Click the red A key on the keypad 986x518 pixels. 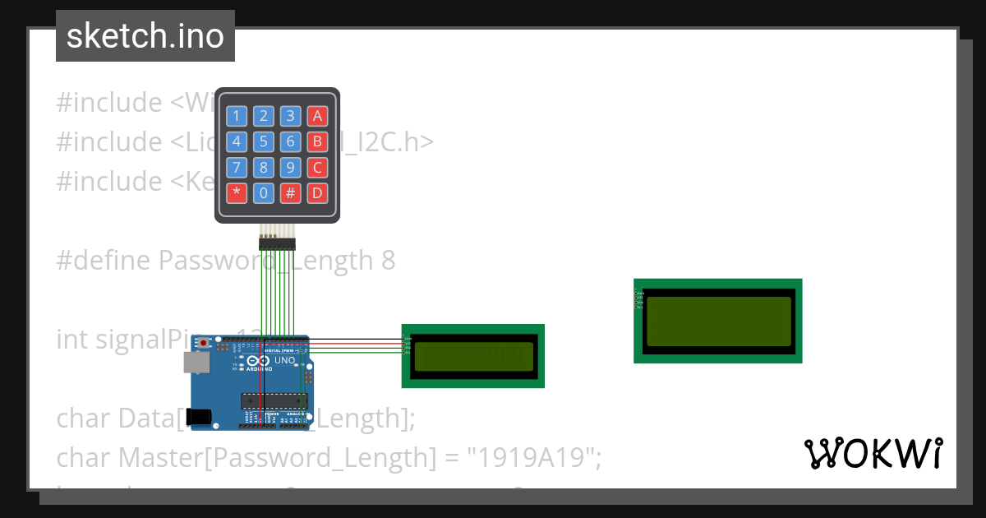(317, 116)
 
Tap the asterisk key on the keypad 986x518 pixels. (237, 194)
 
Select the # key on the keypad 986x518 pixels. (290, 194)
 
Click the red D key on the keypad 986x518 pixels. (317, 194)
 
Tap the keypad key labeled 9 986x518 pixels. (290, 168)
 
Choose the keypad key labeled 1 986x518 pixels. (237, 116)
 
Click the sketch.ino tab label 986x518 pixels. (145, 36)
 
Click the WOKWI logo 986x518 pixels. (873, 454)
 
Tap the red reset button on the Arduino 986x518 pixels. (205, 342)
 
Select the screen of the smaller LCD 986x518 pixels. (472, 356)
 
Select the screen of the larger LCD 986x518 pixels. (718, 321)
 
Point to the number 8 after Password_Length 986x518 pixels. (388, 261)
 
